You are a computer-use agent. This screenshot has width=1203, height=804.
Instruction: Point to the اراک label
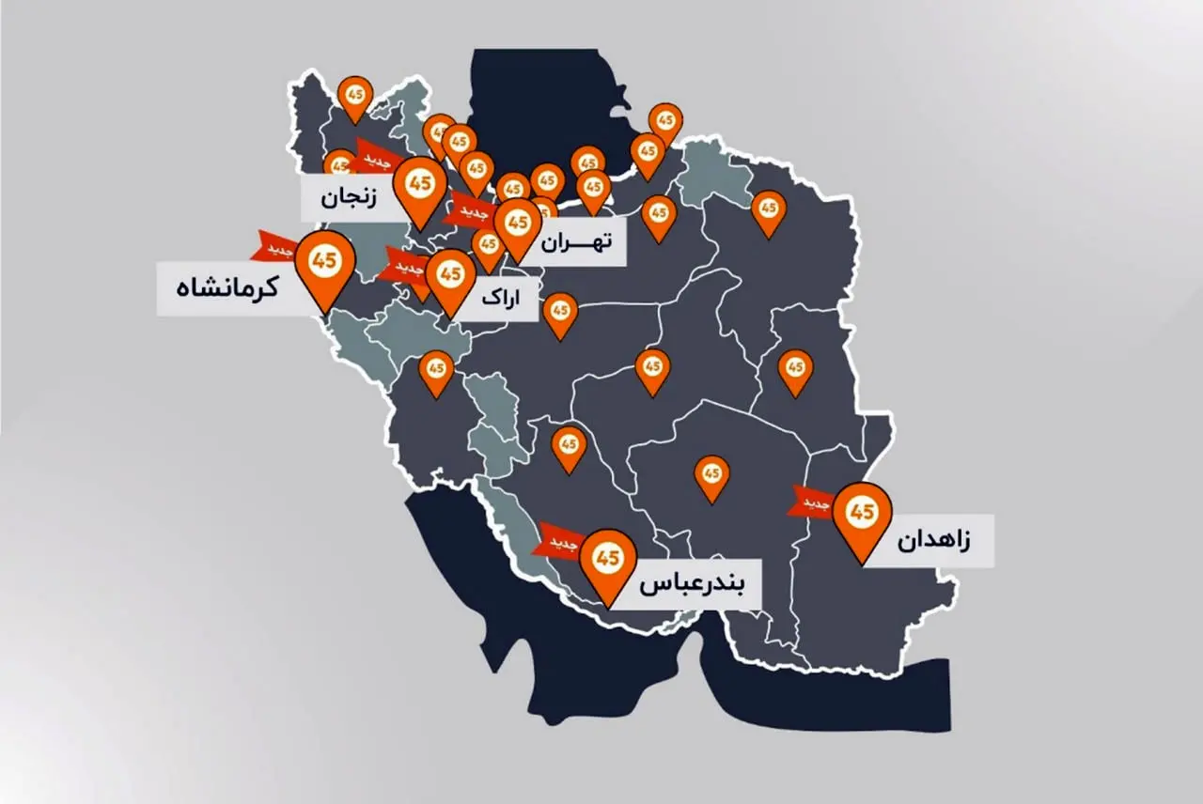click(500, 299)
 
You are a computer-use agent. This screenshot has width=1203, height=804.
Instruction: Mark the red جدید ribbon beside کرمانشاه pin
click(273, 247)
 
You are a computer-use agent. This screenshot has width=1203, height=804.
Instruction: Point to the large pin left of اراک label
click(450, 277)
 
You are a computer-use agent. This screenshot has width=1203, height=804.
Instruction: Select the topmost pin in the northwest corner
click(354, 97)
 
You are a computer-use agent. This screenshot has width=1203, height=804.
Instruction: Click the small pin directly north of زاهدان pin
click(795, 369)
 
